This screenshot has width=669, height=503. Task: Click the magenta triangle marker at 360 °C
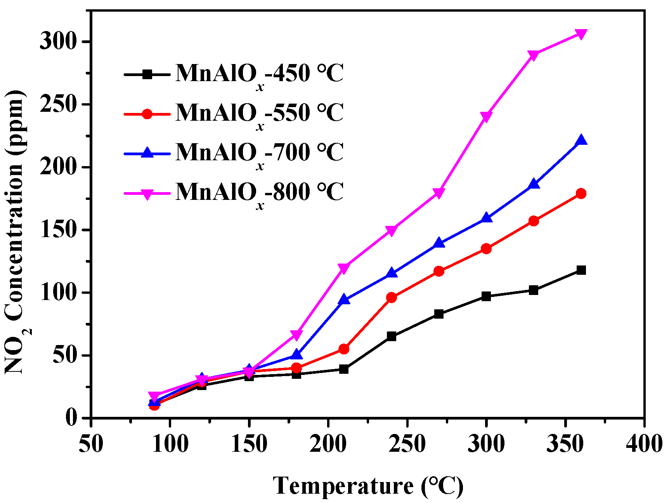click(x=581, y=34)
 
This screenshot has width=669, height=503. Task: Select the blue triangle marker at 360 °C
click(x=581, y=140)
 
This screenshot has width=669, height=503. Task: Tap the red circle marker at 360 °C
click(x=581, y=194)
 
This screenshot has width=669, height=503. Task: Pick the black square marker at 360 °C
click(x=581, y=270)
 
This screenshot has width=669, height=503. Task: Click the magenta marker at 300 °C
click(x=486, y=116)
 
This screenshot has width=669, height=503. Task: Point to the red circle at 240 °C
click(x=392, y=298)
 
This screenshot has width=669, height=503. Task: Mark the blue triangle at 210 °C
click(x=344, y=300)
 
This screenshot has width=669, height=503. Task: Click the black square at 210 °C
click(x=344, y=369)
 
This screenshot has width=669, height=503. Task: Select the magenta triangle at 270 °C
click(x=439, y=193)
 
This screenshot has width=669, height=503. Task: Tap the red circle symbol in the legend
click(x=147, y=114)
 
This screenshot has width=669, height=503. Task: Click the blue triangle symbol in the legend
click(x=147, y=153)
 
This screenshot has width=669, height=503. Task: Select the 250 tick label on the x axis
click(x=407, y=443)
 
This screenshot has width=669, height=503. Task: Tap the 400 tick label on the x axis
click(x=644, y=443)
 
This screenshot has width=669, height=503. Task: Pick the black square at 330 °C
click(x=534, y=290)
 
